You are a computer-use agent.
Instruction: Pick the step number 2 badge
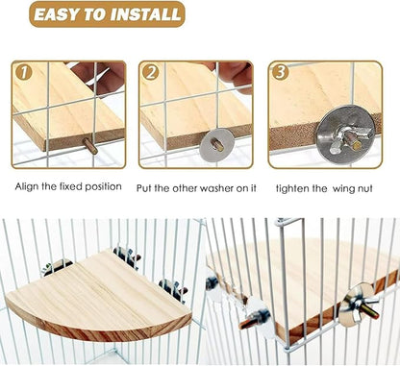[x=152, y=71]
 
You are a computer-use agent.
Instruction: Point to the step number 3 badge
[x=280, y=71]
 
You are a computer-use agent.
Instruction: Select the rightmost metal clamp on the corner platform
[x=172, y=287]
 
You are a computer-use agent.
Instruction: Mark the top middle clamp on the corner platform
[x=126, y=255]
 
